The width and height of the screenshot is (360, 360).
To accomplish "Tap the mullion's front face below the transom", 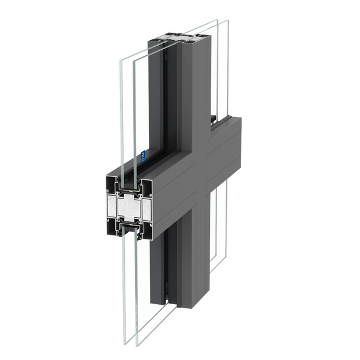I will pos(191,252).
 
